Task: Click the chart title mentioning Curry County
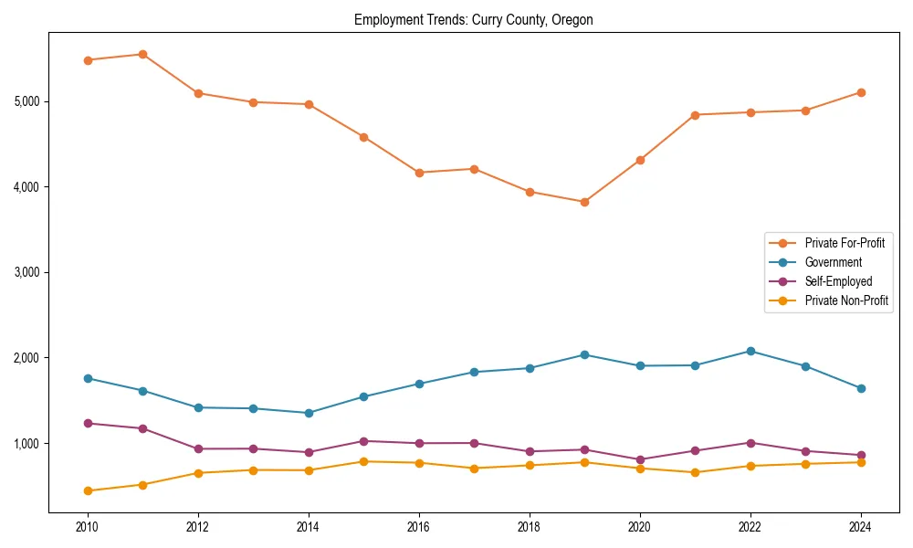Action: coord(474,20)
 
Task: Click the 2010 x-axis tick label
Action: coord(88,527)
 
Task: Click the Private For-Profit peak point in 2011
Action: coord(142,54)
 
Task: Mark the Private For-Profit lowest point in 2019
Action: coord(584,202)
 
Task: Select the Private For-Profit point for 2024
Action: coord(861,92)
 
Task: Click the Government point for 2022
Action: coord(750,351)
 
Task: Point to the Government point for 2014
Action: coord(309,413)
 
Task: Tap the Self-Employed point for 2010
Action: coord(88,423)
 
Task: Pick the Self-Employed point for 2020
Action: coord(640,459)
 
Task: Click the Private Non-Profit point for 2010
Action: coord(88,490)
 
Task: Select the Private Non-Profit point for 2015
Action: coord(363,461)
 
